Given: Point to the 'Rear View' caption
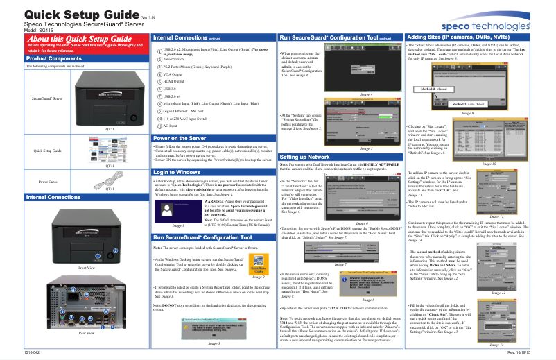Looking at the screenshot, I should [x=87, y=333].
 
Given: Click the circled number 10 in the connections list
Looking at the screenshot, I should [x=157, y=119].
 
